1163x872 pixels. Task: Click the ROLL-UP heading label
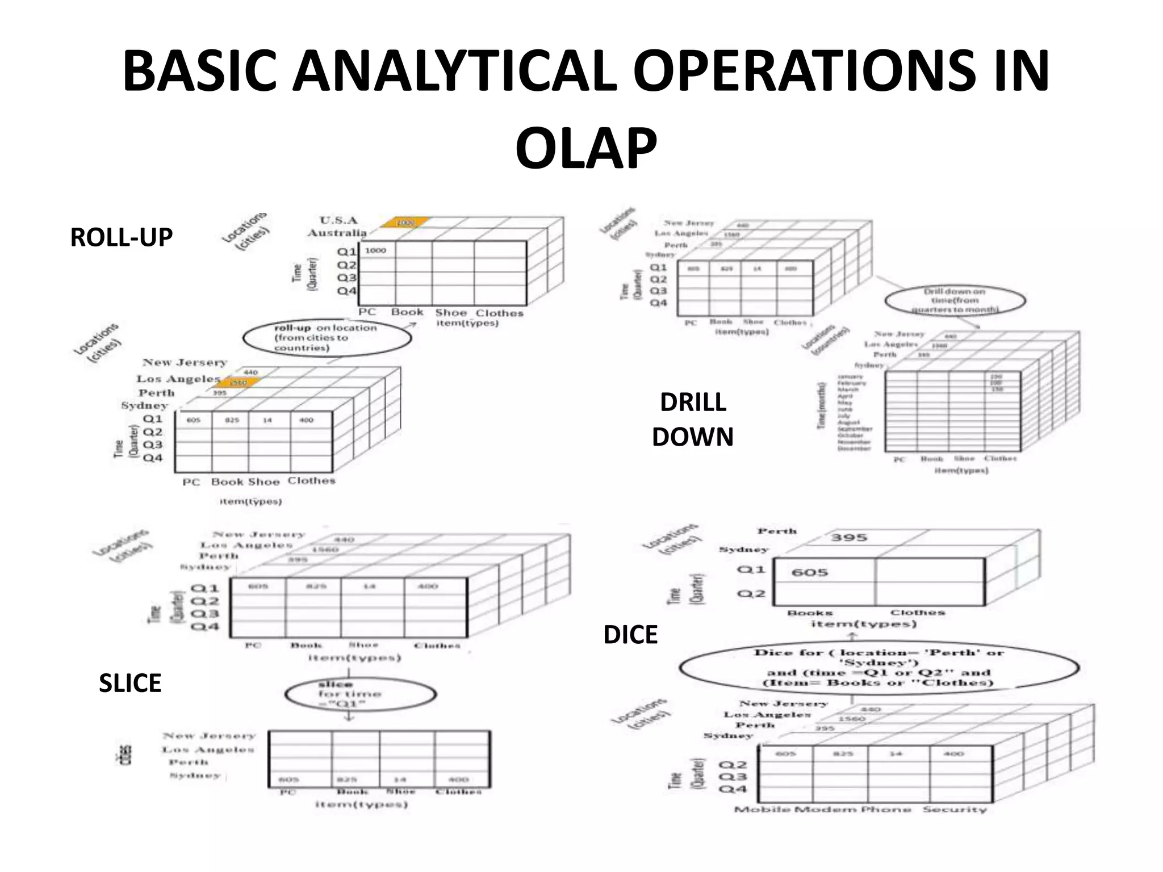pos(121,237)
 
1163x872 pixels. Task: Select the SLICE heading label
pos(130,683)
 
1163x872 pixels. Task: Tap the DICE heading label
pos(630,635)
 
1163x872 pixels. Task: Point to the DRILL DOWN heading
pos(693,420)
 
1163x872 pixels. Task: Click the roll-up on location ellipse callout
pos(327,338)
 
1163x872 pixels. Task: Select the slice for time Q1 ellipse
pos(360,694)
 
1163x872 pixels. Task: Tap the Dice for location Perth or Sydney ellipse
pos(878,668)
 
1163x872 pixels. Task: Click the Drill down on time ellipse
pos(955,300)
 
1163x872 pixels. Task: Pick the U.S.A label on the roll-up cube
pos(339,220)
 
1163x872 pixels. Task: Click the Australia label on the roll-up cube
pos(337,233)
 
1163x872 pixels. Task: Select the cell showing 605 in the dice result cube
pos(810,573)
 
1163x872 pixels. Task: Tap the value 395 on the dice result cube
pos(849,538)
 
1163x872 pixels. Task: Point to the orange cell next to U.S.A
pos(405,223)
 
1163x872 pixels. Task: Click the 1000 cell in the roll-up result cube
pos(376,250)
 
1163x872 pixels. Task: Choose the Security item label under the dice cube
pos(955,810)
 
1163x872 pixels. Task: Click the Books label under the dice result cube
pos(810,613)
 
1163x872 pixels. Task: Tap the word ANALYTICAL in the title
pos(454,72)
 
